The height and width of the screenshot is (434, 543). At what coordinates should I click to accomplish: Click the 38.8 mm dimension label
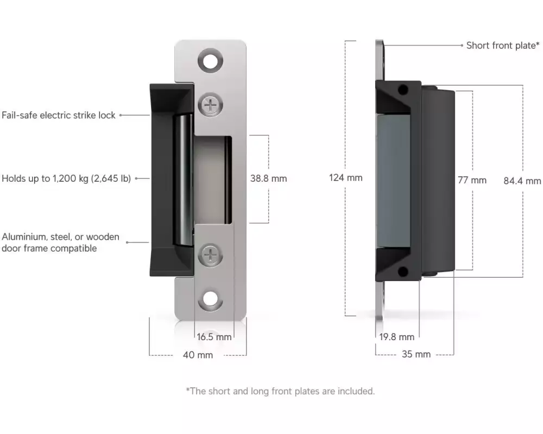pos(268,178)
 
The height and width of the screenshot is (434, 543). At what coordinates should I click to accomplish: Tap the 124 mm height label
pos(345,178)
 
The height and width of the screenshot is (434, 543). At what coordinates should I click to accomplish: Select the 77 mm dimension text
pos(472,180)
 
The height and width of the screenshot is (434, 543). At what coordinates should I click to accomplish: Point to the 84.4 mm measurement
pos(522,181)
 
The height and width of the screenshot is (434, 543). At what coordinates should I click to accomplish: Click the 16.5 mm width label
pos(214,337)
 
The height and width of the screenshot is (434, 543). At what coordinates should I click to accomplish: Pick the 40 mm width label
pos(198,355)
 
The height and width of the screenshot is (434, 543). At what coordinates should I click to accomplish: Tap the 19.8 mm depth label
pos(396,337)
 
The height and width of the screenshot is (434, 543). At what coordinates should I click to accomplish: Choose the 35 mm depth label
pos(416,354)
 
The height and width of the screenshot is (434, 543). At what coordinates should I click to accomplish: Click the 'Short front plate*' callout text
pos(503,46)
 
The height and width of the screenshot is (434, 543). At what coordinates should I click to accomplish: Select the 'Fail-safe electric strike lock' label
pos(59,115)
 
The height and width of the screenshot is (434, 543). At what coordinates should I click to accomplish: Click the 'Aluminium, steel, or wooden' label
pos(61,237)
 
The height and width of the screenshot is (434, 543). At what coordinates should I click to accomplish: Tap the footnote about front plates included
pos(281,392)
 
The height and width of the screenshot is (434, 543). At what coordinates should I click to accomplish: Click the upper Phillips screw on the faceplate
pos(210,105)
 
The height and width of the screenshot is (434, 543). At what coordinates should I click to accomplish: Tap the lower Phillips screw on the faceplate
pos(210,256)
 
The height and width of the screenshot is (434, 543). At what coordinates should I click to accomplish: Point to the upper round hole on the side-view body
pos(403,91)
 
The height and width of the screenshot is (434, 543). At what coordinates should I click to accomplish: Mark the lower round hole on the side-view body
pos(403,272)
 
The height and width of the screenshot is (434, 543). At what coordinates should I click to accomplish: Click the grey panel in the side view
pos(393,181)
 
